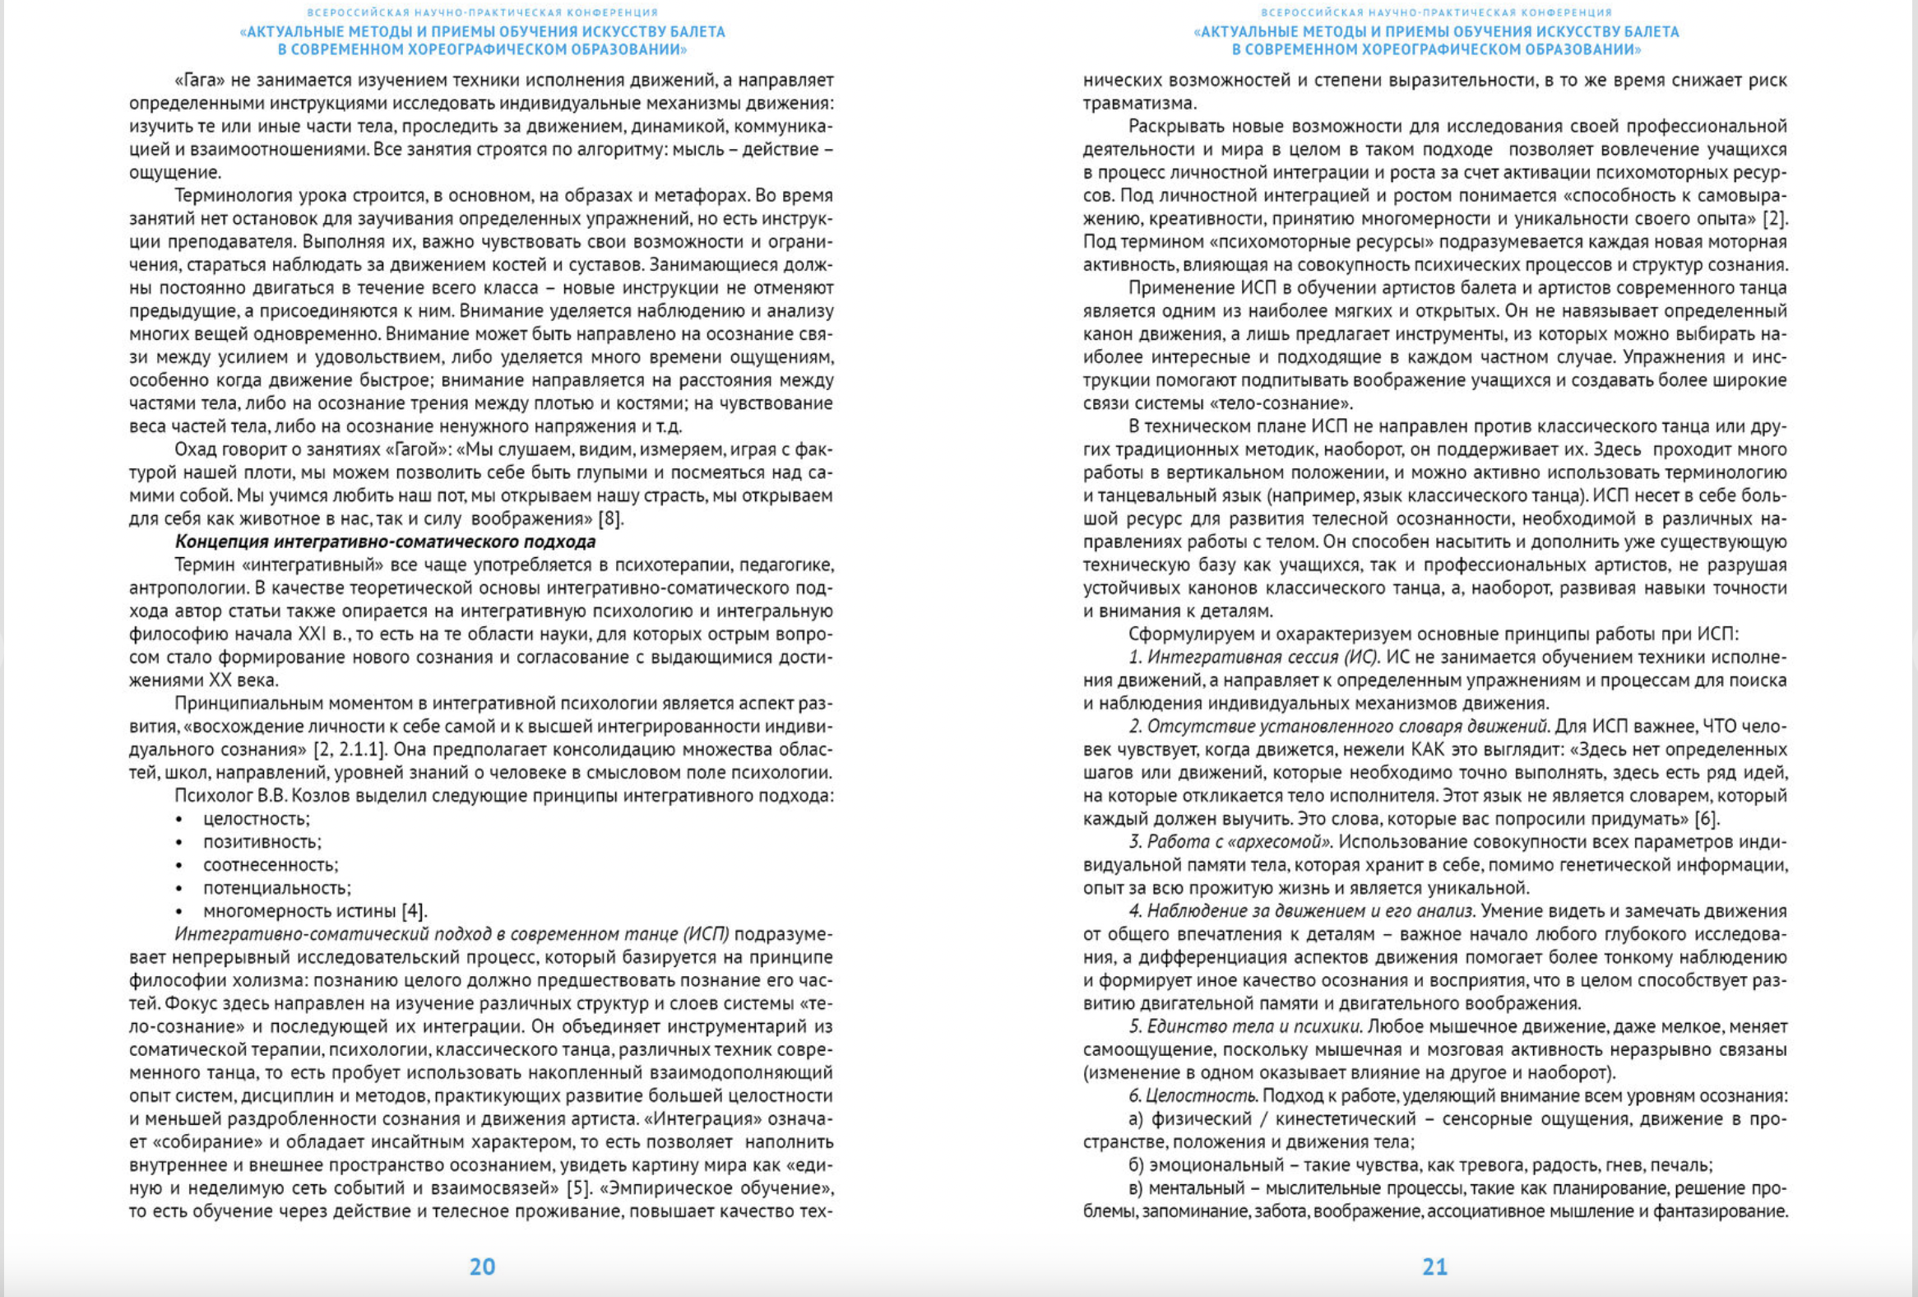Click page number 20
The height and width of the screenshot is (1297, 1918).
click(482, 1267)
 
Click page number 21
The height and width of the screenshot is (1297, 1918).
click(1434, 1267)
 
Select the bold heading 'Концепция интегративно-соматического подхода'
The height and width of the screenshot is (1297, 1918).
click(385, 542)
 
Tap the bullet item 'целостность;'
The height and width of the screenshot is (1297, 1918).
click(256, 819)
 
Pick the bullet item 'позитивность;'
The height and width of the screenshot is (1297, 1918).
click(262, 842)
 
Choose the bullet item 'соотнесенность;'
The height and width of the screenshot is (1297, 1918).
click(270, 865)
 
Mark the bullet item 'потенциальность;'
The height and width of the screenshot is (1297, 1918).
click(276, 888)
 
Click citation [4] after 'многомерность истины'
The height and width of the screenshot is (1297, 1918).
click(414, 912)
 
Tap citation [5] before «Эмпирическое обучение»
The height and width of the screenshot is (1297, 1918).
click(579, 1189)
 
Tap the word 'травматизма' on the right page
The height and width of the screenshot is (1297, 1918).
click(1139, 104)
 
